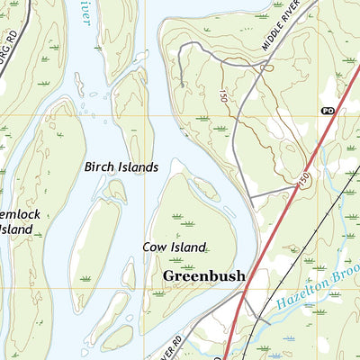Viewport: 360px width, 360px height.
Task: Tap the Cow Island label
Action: pos(174,246)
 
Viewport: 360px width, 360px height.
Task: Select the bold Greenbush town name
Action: pos(203,276)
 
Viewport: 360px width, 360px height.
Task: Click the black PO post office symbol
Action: pos(327,110)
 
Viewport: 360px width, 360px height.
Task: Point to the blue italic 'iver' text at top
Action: pos(82,15)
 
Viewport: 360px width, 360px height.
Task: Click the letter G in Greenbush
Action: pos(169,276)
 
